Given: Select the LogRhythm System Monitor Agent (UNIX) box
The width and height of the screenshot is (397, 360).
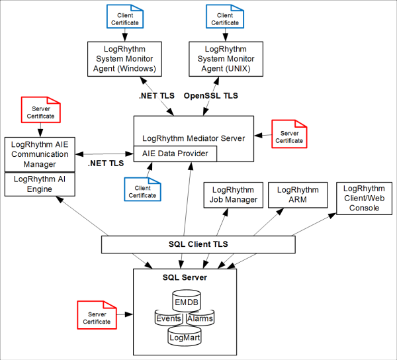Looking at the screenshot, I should (225, 58).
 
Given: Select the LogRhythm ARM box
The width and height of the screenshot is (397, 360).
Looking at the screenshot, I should (298, 195).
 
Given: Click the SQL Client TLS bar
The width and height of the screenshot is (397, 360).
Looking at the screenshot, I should (198, 244).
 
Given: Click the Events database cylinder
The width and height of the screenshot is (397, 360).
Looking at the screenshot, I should (168, 319).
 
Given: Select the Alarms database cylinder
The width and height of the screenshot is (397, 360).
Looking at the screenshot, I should (200, 319).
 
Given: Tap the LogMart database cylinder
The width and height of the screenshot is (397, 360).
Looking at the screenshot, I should (185, 337).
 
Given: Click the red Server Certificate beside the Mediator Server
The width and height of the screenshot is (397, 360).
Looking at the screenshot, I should (289, 135).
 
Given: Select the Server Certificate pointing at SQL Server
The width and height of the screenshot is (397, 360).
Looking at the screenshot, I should (97, 316).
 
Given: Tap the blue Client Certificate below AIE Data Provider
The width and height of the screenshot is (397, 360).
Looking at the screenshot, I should (142, 190).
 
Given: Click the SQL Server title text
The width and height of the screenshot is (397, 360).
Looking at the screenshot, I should (185, 277).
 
